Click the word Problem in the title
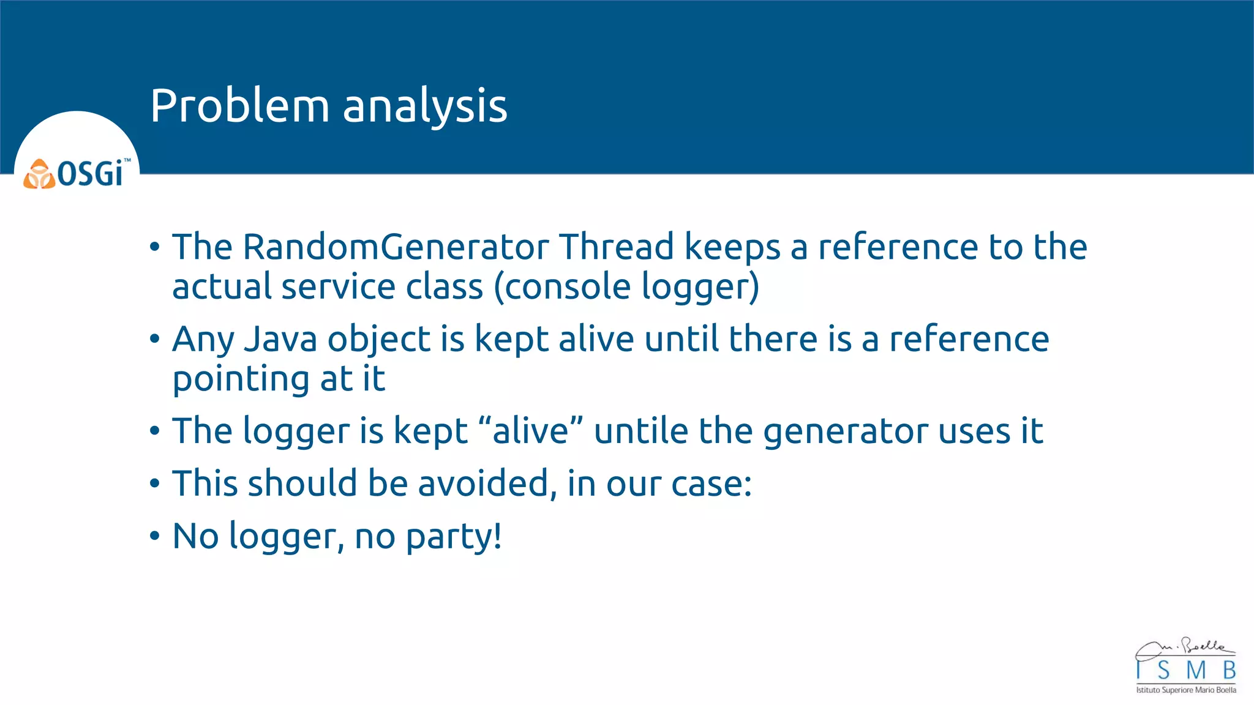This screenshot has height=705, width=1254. [239, 106]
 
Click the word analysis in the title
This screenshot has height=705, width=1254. [425, 107]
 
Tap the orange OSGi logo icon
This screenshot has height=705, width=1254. [39, 174]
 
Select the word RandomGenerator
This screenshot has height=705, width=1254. [396, 247]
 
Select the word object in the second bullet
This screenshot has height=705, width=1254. [379, 340]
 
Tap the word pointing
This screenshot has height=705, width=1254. [239, 379]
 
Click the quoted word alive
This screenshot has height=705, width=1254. [530, 431]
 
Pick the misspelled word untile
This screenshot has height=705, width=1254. [640, 431]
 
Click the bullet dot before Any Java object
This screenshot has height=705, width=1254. [154, 339]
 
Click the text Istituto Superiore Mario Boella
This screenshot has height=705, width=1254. [1186, 690]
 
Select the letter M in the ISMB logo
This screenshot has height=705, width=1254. [1195, 671]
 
